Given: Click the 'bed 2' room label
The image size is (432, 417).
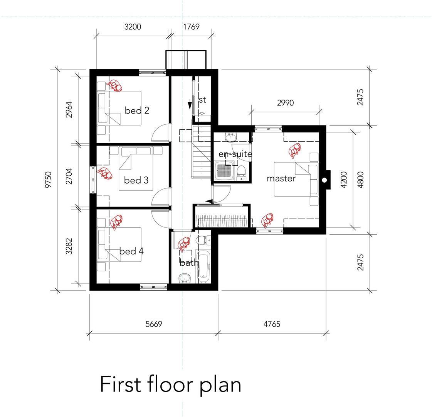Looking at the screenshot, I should (137, 110).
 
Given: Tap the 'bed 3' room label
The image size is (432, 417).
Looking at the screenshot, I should (136, 180).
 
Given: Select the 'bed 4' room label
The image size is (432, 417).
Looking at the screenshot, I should (131, 251).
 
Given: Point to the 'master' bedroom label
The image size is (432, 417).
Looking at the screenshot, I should (281, 178).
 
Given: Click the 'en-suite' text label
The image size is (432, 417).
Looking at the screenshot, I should (235, 154).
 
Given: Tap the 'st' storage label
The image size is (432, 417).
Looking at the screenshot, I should (202, 100).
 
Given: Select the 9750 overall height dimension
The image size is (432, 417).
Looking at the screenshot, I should (48, 180).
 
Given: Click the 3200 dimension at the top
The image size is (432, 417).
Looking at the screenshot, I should (133, 27).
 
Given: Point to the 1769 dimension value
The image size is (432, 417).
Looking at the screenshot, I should (191, 27).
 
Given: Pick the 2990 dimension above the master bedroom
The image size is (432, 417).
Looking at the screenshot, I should (286, 103).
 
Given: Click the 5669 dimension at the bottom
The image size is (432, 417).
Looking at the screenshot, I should (153, 324).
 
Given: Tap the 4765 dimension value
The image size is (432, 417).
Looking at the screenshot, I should (272, 324).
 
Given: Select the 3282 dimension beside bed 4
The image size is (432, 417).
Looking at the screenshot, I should (69, 246).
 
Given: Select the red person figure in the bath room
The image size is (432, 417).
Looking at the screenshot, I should (184, 243).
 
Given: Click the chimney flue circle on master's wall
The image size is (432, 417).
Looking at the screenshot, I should (324, 180).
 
